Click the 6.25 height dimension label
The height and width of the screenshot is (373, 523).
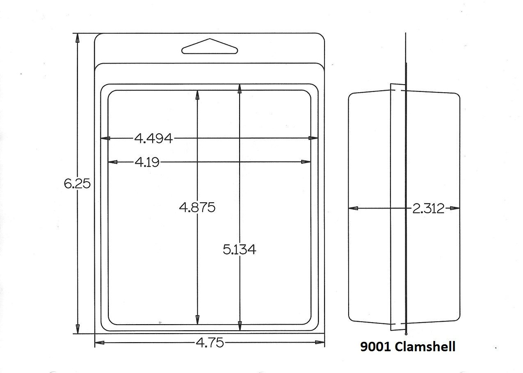77,184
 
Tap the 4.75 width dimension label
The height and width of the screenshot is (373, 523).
210,343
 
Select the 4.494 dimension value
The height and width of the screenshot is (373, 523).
153,138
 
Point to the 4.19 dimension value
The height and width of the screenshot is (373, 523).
147,162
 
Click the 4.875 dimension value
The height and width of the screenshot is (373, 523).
197,207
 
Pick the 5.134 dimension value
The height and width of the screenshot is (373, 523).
240,249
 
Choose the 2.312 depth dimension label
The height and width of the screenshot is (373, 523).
428,208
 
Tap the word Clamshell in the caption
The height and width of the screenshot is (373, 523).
425,346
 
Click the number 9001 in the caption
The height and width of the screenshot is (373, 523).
375,347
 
